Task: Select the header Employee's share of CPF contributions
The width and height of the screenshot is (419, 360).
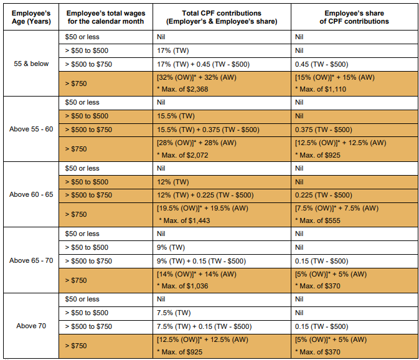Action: pyautogui.click(x=356, y=17)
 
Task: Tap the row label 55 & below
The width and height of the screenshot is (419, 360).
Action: pyautogui.click(x=31, y=64)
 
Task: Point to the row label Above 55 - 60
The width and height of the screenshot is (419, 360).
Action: pyautogui.click(x=31, y=130)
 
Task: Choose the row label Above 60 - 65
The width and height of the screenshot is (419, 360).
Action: pyautogui.click(x=31, y=195)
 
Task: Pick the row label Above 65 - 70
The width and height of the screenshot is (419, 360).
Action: pyautogui.click(x=31, y=260)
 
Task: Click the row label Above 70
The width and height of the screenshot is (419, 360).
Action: pyautogui.click(x=31, y=326)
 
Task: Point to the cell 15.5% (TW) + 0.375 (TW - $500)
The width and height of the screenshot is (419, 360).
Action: pyautogui.click(x=208, y=130)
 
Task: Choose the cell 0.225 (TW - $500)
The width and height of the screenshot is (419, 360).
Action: pyautogui.click(x=324, y=195)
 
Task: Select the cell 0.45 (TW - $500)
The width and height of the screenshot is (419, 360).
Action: pyautogui.click(x=321, y=64)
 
